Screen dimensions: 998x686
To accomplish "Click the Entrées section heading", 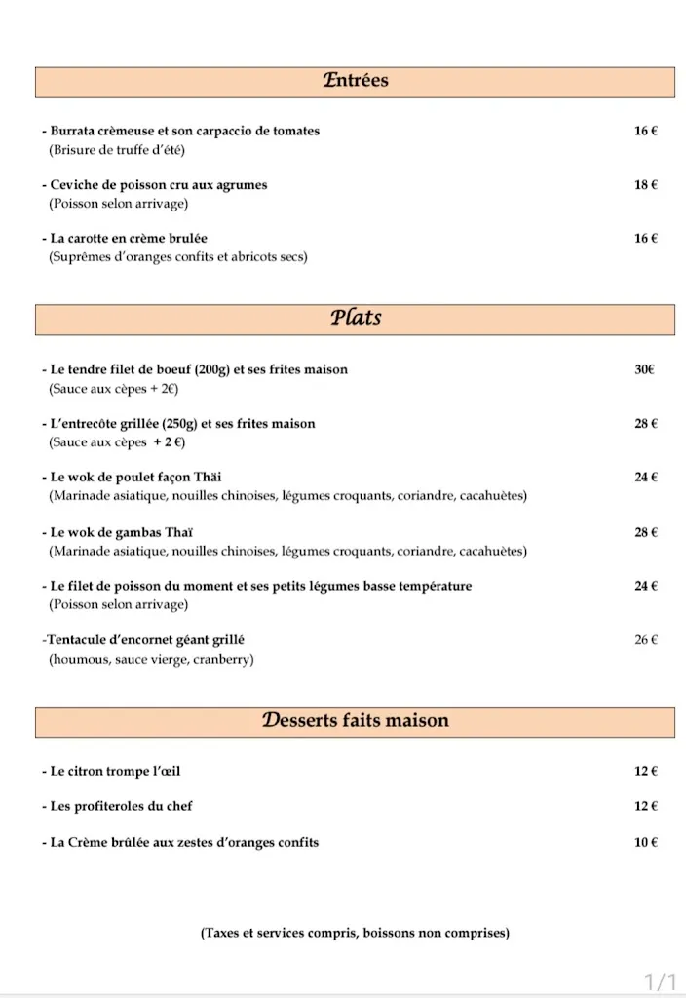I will click(355, 81).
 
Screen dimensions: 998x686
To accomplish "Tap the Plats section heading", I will click(355, 318).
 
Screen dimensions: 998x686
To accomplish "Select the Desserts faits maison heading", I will click(355, 721).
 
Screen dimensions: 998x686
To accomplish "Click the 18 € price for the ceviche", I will click(645, 184).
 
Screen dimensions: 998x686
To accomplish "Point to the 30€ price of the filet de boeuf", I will click(644, 369).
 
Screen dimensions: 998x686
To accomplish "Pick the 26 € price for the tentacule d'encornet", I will click(646, 640).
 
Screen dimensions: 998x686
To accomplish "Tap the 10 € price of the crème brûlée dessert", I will click(646, 842).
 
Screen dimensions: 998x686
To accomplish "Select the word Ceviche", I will click(76, 184).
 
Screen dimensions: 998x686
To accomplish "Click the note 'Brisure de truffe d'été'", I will click(116, 150).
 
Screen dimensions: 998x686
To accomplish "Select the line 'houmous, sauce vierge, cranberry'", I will click(151, 660).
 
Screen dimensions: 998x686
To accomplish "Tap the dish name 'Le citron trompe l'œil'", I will click(115, 771).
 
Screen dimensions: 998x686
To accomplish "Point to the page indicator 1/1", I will click(660, 979).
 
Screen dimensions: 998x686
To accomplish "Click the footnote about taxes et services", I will click(355, 933).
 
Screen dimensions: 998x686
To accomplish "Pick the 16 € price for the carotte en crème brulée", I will click(645, 238).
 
